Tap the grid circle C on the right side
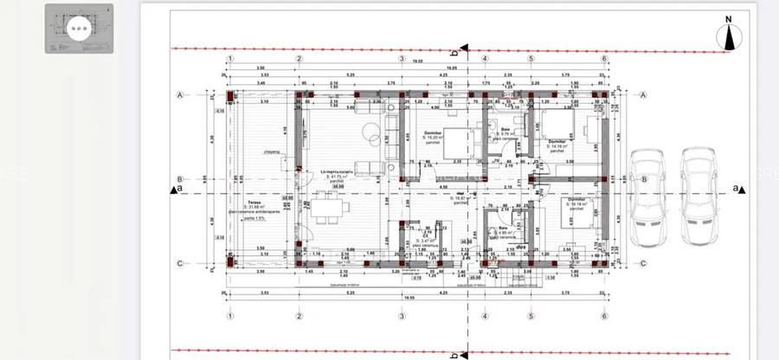643,263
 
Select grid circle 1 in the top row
229,59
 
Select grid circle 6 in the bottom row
602,316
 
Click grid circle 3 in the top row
402,59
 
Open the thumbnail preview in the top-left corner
79,29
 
